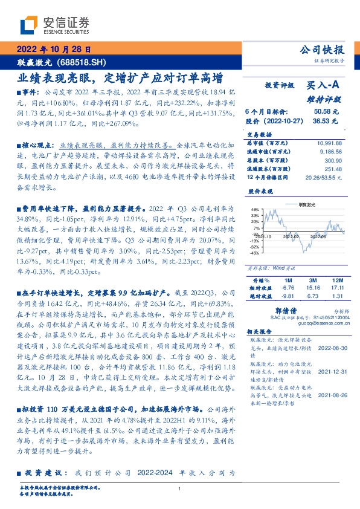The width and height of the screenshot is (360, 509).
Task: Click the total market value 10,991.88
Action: (x=329, y=143)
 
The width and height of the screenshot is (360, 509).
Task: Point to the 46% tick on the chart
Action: (x=255, y=208)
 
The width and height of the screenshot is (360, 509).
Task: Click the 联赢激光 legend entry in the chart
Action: (x=308, y=204)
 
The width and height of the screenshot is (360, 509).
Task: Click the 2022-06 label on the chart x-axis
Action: (x=319, y=236)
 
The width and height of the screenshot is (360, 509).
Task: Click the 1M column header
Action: (x=288, y=281)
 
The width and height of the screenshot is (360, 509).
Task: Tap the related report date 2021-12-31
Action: (x=332, y=373)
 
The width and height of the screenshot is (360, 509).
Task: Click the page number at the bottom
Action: (x=179, y=488)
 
